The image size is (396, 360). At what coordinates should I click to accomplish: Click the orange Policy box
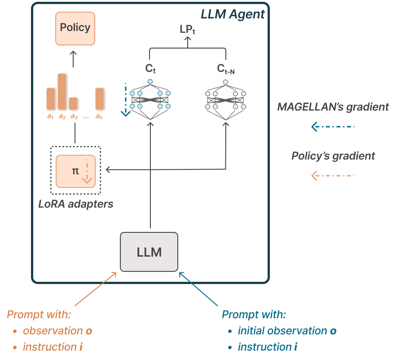pos(75,29)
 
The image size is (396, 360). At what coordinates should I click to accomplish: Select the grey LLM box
pos(149,252)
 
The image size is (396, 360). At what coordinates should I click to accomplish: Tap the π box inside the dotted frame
pos(75,171)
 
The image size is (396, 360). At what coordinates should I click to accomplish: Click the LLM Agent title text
pos(233,14)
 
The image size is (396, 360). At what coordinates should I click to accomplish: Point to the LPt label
pos(187,30)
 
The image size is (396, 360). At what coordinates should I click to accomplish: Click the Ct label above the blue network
pos(150,68)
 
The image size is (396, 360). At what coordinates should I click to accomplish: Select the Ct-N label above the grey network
pos(226,69)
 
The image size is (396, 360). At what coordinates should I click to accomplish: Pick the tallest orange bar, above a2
pos(62,92)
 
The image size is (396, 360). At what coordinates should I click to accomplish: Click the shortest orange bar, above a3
pos(73,104)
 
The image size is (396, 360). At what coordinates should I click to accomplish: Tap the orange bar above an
pos(100,99)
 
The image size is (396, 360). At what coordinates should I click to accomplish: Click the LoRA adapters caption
pos(76,204)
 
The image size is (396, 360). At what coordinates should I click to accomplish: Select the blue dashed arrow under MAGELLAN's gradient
pos(333,126)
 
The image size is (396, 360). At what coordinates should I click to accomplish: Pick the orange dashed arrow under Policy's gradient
pos(333,175)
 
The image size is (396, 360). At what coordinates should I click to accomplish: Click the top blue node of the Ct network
pos(150,82)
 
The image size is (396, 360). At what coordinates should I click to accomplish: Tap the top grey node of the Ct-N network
pos(225,82)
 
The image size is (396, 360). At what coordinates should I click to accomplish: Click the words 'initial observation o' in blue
pos(287,331)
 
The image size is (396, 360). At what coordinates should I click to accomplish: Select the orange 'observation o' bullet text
pos(57,331)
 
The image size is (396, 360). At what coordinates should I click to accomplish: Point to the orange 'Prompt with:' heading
pos(39,315)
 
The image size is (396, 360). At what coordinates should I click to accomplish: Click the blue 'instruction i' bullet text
pos(268,347)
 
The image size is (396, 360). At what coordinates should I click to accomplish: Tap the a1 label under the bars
pos(50,116)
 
